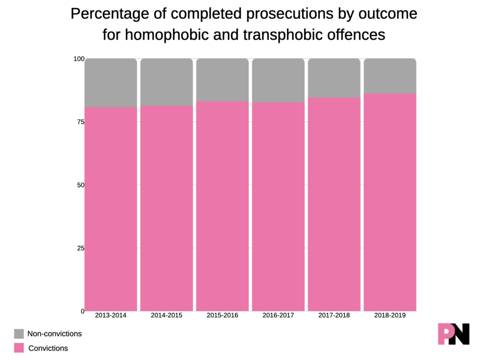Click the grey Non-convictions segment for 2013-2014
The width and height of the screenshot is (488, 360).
pyautogui.click(x=111, y=82)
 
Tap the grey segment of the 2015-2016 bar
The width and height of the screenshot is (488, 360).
pyautogui.click(x=222, y=80)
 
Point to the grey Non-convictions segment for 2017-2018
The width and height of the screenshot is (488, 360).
pyautogui.click(x=334, y=78)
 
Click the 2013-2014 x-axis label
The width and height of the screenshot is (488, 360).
pyautogui.click(x=111, y=316)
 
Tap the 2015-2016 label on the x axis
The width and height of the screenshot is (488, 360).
pyautogui.click(x=222, y=316)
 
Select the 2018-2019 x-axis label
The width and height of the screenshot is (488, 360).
pyautogui.click(x=390, y=316)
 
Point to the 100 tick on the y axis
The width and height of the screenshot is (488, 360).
pyautogui.click(x=78, y=59)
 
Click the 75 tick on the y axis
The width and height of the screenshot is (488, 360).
pyautogui.click(x=80, y=122)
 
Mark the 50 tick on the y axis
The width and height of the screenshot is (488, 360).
pyautogui.click(x=80, y=185)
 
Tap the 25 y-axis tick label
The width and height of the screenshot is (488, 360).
pyautogui.click(x=80, y=248)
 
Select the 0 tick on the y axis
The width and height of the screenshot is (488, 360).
pyautogui.click(x=82, y=311)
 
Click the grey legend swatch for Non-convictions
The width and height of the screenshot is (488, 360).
pyautogui.click(x=19, y=334)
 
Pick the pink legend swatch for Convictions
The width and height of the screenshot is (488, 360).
pyautogui.click(x=19, y=348)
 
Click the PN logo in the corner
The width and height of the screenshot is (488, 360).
pyautogui.click(x=453, y=334)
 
